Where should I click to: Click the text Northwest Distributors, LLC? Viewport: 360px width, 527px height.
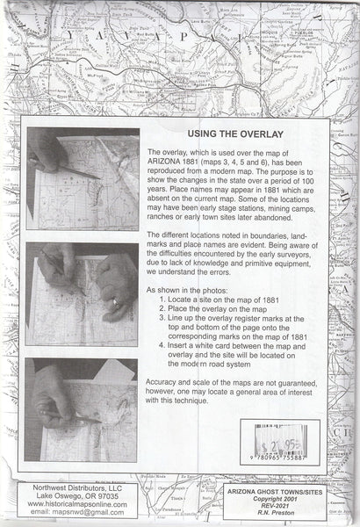(x=68, y=487)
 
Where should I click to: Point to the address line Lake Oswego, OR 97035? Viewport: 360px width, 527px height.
(x=68, y=495)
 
